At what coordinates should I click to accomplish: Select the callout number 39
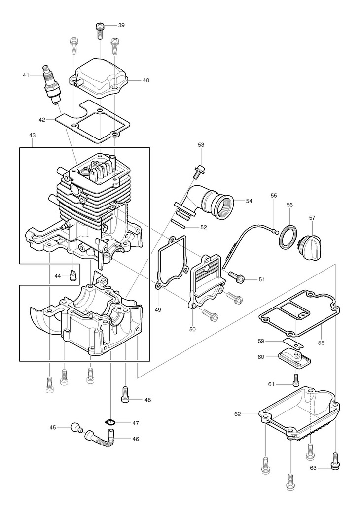[121, 25]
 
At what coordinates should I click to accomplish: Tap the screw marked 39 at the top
[100, 31]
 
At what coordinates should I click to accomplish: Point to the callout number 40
[146, 80]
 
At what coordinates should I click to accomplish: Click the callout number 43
[32, 135]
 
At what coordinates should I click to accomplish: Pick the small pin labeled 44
[73, 275]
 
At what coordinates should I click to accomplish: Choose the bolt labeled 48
[125, 394]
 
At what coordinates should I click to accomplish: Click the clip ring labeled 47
[111, 423]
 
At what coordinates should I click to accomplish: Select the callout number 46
[136, 439]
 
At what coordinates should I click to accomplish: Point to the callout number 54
[249, 201]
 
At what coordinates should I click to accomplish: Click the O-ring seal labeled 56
[288, 236]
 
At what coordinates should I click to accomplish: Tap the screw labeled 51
[237, 276]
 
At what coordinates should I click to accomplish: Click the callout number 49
[158, 310]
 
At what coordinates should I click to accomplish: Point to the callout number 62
[238, 414]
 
